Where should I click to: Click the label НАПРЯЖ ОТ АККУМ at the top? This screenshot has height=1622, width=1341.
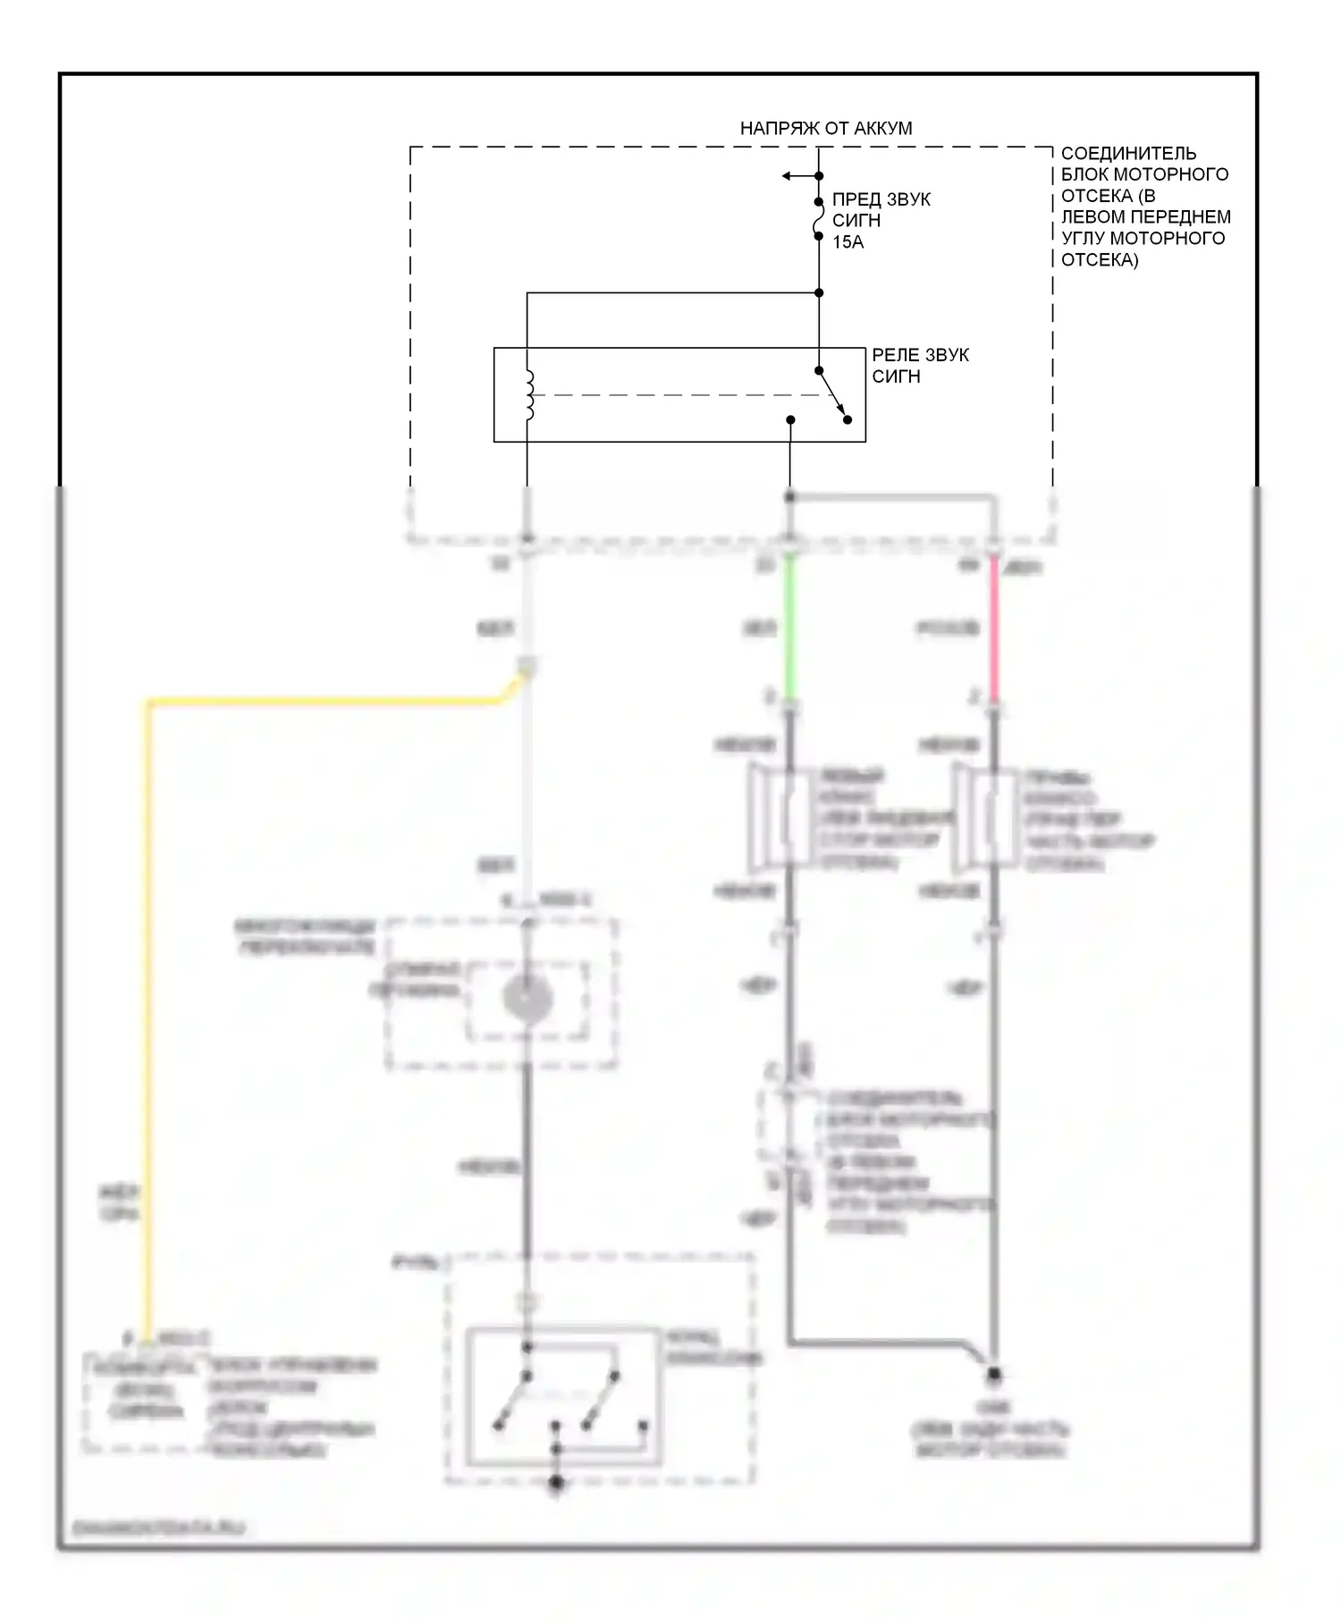(x=825, y=128)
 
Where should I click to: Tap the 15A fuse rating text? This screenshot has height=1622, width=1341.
(x=848, y=242)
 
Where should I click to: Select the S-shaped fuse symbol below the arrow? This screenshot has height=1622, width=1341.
(x=818, y=219)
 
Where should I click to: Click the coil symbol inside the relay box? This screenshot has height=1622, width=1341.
(x=529, y=395)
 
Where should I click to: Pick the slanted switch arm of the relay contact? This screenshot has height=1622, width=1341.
(x=833, y=394)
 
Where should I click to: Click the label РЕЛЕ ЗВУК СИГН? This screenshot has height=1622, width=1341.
(x=919, y=366)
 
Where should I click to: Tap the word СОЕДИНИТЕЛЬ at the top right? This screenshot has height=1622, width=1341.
(x=1127, y=153)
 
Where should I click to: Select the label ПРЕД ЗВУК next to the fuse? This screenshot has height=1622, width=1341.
(x=881, y=199)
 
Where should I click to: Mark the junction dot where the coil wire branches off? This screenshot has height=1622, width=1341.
(x=819, y=292)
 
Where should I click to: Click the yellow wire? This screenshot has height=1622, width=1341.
(x=148, y=984)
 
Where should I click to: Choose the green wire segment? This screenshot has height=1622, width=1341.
(x=789, y=626)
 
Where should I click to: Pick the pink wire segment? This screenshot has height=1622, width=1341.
(x=992, y=626)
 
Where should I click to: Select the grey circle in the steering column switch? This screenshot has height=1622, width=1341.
(x=527, y=999)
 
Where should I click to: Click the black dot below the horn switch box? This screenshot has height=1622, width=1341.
(x=556, y=1483)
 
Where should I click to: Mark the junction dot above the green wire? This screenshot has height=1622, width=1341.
(x=789, y=496)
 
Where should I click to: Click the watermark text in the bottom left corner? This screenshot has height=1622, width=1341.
(x=157, y=1528)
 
